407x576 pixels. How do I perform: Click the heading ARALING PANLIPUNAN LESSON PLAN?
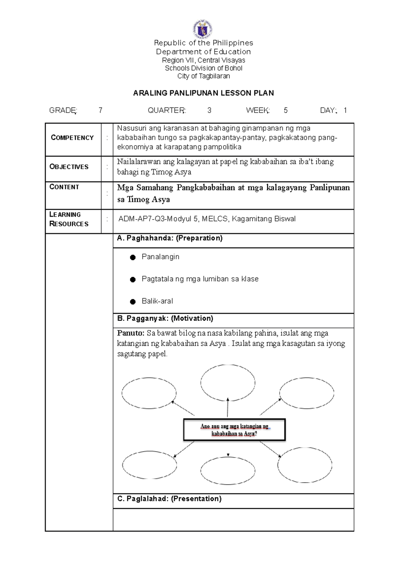point(203,93)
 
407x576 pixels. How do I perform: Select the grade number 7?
point(100,110)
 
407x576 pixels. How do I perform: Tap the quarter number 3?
point(209,110)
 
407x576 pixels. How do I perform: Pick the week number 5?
point(286,110)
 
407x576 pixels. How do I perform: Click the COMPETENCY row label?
point(72,138)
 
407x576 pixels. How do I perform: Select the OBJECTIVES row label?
point(69,167)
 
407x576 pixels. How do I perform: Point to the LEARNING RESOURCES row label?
point(69,219)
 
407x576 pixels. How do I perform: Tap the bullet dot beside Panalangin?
point(133,257)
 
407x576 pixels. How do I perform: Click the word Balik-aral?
point(157,301)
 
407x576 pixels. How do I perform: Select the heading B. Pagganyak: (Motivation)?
point(165,319)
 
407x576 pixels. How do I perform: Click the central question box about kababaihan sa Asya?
point(234,430)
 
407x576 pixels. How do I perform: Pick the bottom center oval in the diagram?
point(228,471)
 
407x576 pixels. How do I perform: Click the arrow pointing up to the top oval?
point(228,407)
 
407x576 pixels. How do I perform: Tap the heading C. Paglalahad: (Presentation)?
point(169,499)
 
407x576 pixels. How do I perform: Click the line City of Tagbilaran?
point(203,76)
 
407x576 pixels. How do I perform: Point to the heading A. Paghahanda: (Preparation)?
point(170,238)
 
